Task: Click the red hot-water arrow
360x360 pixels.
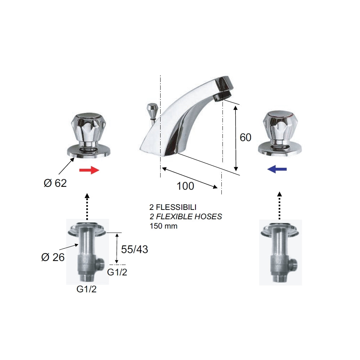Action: coord(89,170)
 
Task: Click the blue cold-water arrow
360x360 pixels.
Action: coord(277,169)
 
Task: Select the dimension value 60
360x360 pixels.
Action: coord(246,138)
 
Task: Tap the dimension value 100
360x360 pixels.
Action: coord(185,186)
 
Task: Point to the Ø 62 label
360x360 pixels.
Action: coord(55,183)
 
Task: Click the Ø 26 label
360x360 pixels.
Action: coord(53,257)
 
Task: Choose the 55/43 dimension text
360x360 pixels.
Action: coord(134,249)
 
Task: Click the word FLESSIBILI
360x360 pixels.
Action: coord(176,208)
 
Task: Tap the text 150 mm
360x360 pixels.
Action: coord(163,226)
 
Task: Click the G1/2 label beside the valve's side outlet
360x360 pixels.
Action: coord(117,273)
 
